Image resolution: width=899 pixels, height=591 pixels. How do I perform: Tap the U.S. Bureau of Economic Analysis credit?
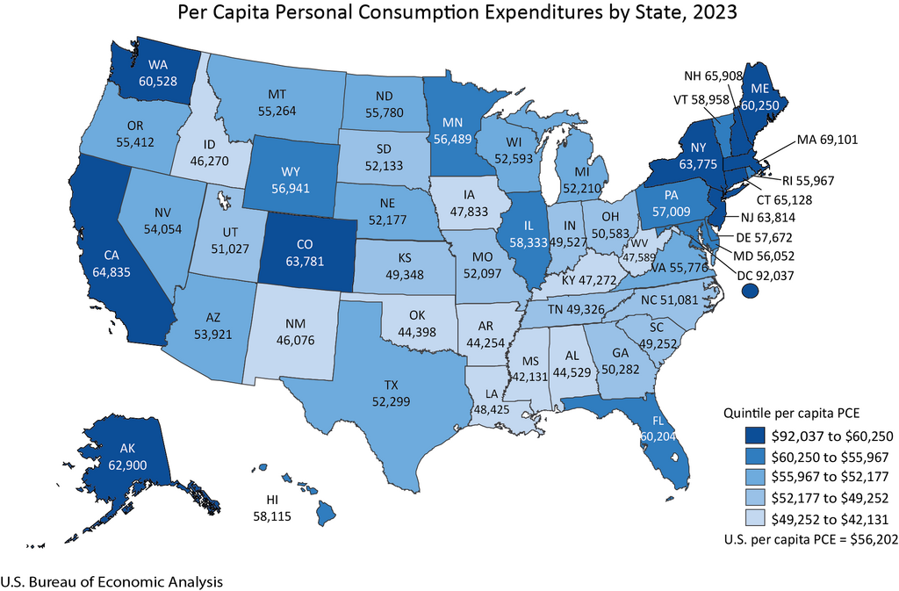111,581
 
